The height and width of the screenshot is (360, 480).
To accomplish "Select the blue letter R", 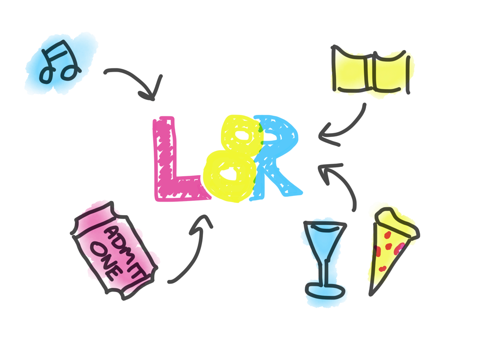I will tap(277, 155).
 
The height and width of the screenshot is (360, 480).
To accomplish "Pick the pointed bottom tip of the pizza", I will tap(371, 293).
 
